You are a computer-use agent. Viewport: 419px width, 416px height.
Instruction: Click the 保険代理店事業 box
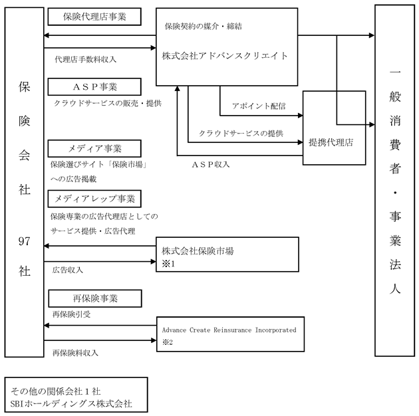[x=94, y=17]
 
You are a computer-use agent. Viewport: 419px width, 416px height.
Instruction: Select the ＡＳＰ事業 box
[x=94, y=87]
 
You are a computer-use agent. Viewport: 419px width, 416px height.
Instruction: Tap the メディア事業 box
[x=94, y=148]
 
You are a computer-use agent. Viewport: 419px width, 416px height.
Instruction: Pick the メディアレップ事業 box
[x=94, y=199]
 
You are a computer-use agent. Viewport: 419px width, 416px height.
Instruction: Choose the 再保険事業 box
[x=95, y=298]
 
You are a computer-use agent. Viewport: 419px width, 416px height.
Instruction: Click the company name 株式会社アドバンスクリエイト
[x=225, y=56]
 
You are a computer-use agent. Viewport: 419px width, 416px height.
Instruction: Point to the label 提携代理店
[x=331, y=142]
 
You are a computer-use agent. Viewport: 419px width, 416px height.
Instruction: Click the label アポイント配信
[x=259, y=106]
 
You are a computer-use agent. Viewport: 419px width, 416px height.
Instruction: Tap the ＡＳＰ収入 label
[x=211, y=165]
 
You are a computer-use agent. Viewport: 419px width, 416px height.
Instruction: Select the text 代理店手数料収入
[x=86, y=59]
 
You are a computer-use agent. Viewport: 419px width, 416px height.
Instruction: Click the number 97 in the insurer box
[x=24, y=241]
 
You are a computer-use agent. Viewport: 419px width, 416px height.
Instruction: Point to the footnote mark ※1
[x=168, y=264]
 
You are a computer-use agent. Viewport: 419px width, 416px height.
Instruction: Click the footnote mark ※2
[x=168, y=342]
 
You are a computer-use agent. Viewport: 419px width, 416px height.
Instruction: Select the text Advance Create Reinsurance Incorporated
[x=229, y=330]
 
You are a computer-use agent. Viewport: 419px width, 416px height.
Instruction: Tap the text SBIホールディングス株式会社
[x=71, y=403]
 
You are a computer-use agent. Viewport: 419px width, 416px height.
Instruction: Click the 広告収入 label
[x=68, y=270]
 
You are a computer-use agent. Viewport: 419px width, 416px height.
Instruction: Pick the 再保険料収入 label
[x=75, y=353]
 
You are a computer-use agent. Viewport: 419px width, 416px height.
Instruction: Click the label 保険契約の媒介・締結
[x=204, y=26]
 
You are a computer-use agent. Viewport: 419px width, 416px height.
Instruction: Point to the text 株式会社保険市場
[x=198, y=251]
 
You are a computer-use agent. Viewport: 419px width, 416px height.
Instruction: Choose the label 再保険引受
[x=71, y=314]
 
